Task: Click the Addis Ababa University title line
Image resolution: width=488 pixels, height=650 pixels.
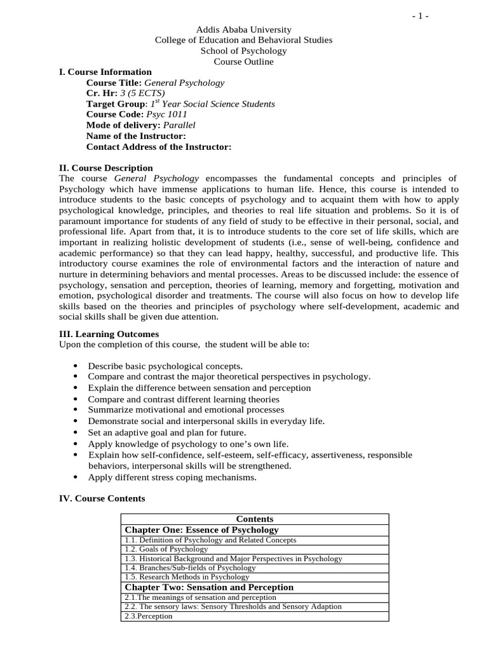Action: pos(243,29)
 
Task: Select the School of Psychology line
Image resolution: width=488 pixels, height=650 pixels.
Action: pos(243,51)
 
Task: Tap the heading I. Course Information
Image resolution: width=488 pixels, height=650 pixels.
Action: pos(105,72)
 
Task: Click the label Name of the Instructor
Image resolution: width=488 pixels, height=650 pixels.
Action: pos(136,136)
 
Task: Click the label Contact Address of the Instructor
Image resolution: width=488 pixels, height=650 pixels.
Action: pos(158,147)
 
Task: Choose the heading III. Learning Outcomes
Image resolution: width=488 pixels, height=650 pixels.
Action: pos(109,334)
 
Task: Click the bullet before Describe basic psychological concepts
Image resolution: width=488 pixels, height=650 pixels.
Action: pos(76,366)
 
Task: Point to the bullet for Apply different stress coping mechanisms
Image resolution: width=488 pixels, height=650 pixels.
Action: pos(76,477)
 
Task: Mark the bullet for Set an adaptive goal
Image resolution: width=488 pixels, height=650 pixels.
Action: pos(76,432)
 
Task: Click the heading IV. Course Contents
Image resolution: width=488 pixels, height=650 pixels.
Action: pos(102,498)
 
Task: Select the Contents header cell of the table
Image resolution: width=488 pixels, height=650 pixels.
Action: pos(254,519)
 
